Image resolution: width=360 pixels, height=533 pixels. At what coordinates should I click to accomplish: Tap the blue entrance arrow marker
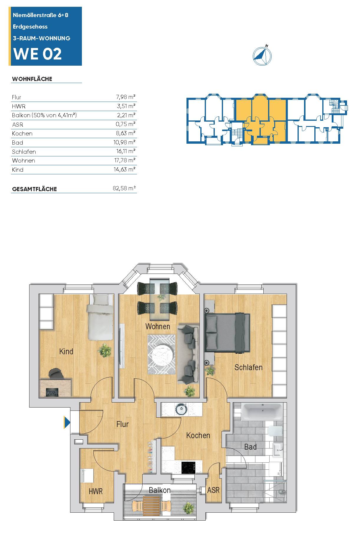[67, 423]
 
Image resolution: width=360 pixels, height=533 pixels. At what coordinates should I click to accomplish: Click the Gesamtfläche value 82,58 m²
[124, 188]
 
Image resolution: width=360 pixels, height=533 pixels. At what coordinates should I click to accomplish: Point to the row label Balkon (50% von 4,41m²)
[44, 115]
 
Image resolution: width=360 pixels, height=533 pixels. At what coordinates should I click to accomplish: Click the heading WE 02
[38, 54]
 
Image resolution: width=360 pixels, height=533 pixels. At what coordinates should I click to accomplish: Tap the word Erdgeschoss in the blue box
[30, 27]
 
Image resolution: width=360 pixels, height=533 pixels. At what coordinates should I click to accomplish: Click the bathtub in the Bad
[262, 412]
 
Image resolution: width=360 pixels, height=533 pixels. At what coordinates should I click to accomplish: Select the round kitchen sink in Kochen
[181, 409]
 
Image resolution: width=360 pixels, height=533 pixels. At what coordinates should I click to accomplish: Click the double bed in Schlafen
[227, 332]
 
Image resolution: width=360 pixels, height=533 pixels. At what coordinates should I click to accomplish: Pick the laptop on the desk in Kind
[52, 392]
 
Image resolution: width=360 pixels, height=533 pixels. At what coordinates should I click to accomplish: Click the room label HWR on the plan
[96, 491]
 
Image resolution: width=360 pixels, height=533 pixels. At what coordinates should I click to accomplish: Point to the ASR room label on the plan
[213, 490]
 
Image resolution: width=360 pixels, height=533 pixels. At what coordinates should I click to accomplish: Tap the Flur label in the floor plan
[123, 424]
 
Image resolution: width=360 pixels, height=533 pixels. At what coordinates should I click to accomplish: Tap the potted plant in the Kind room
[105, 350]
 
